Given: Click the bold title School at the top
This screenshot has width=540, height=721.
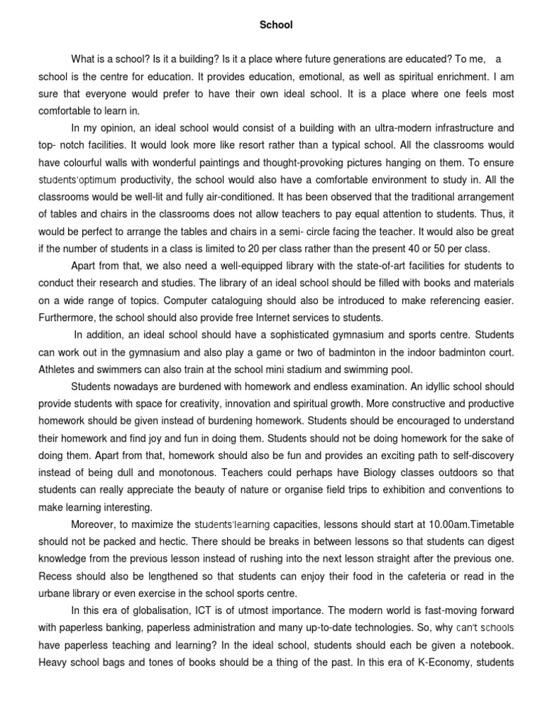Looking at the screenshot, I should coord(276,25).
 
